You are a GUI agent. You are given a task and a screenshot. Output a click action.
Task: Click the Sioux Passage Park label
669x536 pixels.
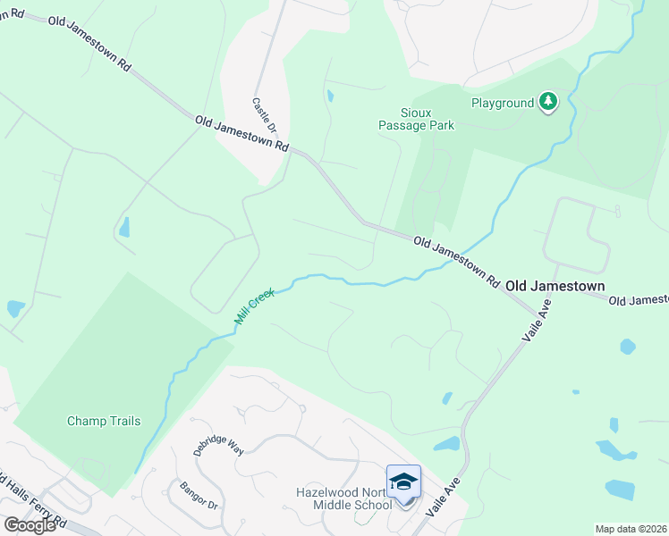coord(415,119)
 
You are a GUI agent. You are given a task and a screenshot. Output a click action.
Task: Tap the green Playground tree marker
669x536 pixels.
coord(547,104)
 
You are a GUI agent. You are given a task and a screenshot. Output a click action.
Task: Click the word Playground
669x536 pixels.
coord(502,103)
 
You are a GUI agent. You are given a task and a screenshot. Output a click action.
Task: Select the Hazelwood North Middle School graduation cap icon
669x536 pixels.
coord(403,481)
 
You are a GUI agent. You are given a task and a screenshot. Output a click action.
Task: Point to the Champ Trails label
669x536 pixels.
coord(104,421)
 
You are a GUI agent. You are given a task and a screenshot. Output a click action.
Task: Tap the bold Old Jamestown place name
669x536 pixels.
coord(555,286)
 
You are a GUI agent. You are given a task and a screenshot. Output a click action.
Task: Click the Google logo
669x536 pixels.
coord(30,524)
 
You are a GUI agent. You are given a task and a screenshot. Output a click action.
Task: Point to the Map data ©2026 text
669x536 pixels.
coord(631,529)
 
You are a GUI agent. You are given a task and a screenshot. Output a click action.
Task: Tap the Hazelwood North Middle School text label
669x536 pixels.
coord(344,498)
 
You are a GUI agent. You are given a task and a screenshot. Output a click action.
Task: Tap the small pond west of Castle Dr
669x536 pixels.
coord(124,227)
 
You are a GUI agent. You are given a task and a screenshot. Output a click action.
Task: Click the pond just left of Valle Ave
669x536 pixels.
coord(446,444)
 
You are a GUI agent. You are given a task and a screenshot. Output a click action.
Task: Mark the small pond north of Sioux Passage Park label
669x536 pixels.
coord(331,95)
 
